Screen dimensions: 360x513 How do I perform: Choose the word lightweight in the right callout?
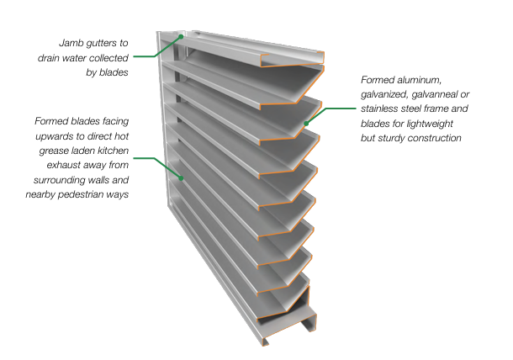click(x=453, y=123)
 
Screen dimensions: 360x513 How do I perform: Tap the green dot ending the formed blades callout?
click(x=181, y=177)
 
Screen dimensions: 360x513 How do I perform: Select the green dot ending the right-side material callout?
click(x=306, y=124)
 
